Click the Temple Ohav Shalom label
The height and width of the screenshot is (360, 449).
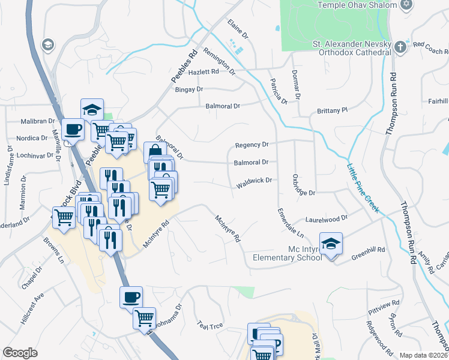coord(357,5)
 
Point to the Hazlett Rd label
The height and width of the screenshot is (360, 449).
coord(203,71)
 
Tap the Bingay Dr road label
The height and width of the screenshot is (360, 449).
coord(188,89)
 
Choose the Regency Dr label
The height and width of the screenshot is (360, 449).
coord(252,145)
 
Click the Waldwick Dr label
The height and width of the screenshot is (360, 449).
coord(254,181)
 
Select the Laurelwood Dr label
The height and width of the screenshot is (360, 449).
coord(327,218)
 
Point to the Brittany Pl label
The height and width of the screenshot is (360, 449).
coord(332,110)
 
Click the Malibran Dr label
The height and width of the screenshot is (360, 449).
coord(37,121)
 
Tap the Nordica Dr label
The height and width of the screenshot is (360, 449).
coord(31,138)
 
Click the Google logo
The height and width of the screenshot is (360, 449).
coord(20,353)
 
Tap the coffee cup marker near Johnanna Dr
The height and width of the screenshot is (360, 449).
coord(131,296)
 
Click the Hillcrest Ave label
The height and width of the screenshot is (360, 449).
coord(32,308)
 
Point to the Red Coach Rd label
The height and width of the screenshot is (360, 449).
coord(427,47)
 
